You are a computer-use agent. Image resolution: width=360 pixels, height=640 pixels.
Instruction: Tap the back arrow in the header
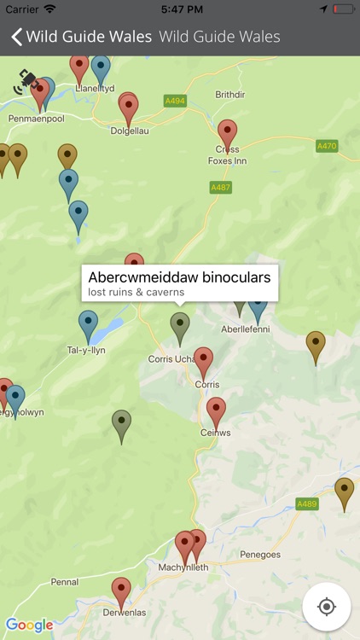pyautogui.click(x=15, y=37)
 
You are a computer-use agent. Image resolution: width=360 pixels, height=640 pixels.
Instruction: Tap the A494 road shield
pyautogui.click(x=174, y=101)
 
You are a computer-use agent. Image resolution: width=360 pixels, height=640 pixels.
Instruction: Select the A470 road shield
pyautogui.click(x=327, y=146)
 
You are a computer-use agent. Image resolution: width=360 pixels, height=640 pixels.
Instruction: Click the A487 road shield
pyautogui.click(x=220, y=187)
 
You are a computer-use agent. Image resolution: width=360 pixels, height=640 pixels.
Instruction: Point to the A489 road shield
pyautogui.click(x=307, y=504)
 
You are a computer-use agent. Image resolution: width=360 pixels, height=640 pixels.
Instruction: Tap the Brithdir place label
pyautogui.click(x=229, y=95)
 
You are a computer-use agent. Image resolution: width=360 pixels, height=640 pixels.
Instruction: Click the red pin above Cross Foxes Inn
pyautogui.click(x=227, y=135)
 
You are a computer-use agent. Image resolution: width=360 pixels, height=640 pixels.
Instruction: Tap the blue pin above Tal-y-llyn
pyautogui.click(x=89, y=325)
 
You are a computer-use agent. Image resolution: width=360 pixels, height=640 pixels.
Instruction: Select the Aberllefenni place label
pyautogui.click(x=246, y=329)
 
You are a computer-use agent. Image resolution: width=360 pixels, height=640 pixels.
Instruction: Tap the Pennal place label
pyautogui.click(x=64, y=582)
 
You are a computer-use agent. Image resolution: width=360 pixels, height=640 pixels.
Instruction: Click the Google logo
pyautogui.click(x=29, y=625)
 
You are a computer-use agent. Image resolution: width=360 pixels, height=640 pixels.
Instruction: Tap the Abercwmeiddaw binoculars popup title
pyautogui.click(x=179, y=277)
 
